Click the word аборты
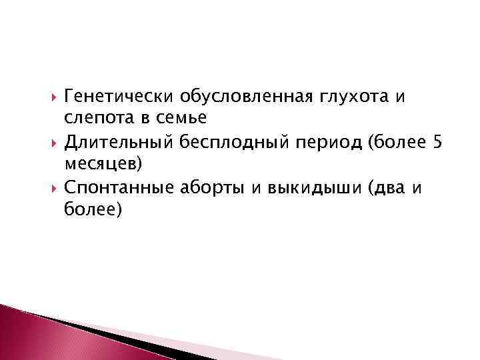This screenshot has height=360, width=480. click(x=213, y=187)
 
